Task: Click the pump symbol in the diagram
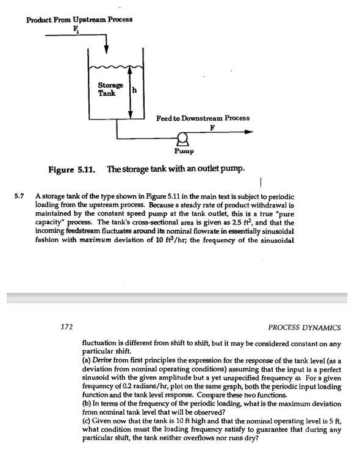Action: pos(181,138)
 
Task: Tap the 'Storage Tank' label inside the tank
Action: pos(110,89)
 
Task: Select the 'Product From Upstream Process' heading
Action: pos(79,20)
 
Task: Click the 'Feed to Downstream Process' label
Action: pos(203,117)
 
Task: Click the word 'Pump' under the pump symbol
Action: pos(184,150)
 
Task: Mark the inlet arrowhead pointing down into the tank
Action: pos(107,48)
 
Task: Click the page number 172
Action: pos(67,327)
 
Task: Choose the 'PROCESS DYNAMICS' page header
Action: pos(304,327)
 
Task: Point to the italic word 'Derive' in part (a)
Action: pos(104,362)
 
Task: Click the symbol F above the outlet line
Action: pos(212,127)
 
